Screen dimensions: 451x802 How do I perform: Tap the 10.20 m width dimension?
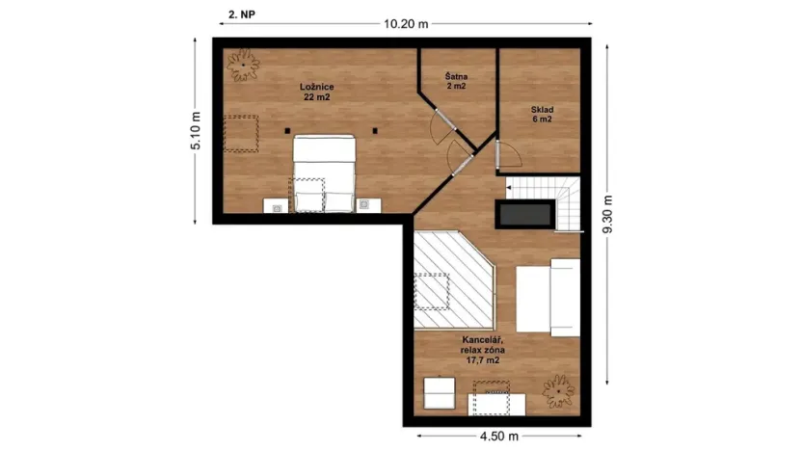(405, 24)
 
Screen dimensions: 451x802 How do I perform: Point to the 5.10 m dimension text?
(196, 131)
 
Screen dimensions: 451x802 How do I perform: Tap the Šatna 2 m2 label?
(456, 81)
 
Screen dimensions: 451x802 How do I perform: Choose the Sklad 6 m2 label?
(541, 115)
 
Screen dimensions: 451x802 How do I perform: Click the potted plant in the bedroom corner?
(243, 66)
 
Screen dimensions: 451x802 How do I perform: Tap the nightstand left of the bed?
(276, 204)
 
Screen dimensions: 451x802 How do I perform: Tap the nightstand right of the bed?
(367, 204)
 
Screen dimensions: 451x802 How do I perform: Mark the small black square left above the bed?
(286, 131)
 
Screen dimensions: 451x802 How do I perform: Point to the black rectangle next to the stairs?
(523, 213)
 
